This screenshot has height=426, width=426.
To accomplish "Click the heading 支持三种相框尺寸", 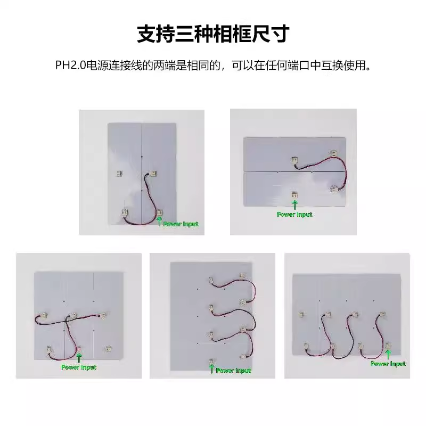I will point(213,34).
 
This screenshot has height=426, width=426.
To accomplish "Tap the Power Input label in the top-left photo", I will point(181,224).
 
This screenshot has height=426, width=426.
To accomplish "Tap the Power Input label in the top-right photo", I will point(294,215).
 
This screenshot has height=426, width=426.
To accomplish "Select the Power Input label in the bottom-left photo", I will point(79,367).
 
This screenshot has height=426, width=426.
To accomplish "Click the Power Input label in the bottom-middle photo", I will point(233,370).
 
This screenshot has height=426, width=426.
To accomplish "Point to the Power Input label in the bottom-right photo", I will point(388,364).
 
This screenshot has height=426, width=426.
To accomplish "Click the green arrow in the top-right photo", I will point(294,204).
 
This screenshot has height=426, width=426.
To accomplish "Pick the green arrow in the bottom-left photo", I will point(79,358).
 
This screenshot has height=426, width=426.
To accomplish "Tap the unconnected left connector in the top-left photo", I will point(119,173).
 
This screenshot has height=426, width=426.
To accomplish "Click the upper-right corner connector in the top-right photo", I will point(333,154).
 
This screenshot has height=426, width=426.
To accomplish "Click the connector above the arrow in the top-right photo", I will point(294,195).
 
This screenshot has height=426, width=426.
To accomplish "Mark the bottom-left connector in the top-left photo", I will point(126,212).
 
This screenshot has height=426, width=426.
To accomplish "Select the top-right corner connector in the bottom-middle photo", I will point(242,276).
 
